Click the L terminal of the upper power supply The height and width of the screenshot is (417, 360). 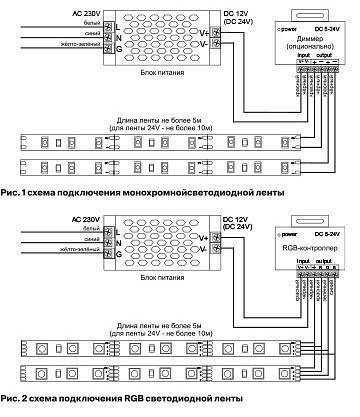point(119,22)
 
